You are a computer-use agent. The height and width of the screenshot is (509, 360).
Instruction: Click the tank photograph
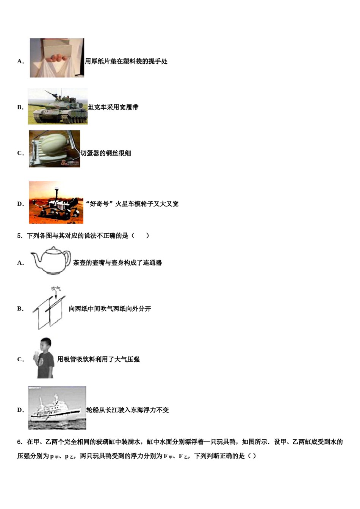(58, 106)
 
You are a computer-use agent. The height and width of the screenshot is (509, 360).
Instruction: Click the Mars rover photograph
(56, 202)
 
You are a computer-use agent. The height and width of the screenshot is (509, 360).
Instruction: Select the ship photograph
(57, 408)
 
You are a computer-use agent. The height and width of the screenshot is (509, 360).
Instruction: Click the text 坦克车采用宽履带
(113, 107)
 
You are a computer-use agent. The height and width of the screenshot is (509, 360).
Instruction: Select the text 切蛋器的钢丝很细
(106, 153)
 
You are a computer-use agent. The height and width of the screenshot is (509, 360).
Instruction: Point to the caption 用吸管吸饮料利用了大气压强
(98, 359)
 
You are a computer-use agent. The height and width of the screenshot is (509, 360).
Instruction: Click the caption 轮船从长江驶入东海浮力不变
(128, 410)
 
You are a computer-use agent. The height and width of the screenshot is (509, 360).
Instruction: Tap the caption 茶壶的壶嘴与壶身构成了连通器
(117, 262)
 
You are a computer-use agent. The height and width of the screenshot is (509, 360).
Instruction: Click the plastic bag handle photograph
(57, 58)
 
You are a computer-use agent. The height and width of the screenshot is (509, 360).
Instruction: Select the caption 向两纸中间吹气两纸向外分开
(110, 309)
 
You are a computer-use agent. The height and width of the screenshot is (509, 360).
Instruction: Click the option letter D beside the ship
(20, 410)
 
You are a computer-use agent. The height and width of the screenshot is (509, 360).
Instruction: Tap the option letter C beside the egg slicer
(20, 153)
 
